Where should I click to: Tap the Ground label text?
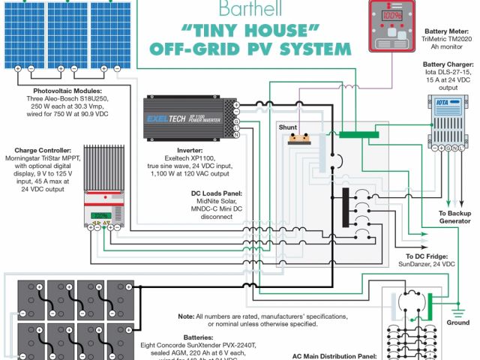click(457, 322)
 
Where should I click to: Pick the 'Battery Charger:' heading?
click(448, 65)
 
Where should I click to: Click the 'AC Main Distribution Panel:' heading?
click(331, 356)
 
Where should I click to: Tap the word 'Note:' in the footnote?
click(189, 316)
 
